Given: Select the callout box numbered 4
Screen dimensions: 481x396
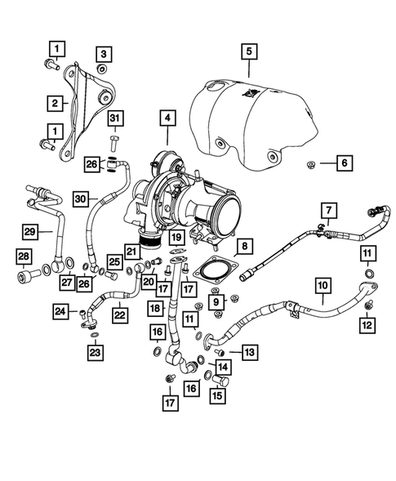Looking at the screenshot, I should pyautogui.click(x=167, y=119).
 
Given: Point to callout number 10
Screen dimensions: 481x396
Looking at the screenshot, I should pyautogui.click(x=323, y=286).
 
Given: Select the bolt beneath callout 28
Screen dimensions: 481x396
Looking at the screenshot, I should pyautogui.click(x=23, y=280).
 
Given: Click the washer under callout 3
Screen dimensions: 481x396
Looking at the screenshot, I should pyautogui.click(x=103, y=70).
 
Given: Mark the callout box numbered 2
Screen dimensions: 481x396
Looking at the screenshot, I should pyautogui.click(x=54, y=104).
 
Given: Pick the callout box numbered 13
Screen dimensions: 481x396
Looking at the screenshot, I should pyautogui.click(x=248, y=352).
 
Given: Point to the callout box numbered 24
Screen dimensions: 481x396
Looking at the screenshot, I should pyautogui.click(x=60, y=310).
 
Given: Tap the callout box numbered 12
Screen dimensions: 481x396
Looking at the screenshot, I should pyautogui.click(x=368, y=326).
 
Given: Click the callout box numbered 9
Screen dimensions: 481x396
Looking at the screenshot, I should pyautogui.click(x=220, y=302).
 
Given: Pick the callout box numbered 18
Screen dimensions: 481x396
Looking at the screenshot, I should pyautogui.click(x=155, y=308).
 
